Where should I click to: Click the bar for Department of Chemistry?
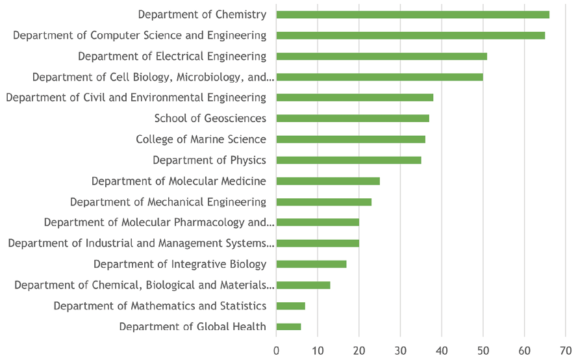point(412,14)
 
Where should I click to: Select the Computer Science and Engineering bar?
point(410,35)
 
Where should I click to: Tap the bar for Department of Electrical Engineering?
point(381,56)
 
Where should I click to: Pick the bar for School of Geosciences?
point(353,118)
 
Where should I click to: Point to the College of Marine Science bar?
point(351,139)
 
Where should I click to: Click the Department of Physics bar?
point(349,160)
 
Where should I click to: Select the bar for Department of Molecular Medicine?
point(328,181)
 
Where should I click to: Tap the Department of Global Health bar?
point(289,326)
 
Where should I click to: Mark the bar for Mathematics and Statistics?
point(291,305)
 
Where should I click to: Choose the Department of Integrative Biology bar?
point(312,264)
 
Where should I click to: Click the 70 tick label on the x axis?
point(566,350)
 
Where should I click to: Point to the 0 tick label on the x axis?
point(277,350)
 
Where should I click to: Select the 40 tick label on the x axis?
point(442,350)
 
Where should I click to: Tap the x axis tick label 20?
point(359,350)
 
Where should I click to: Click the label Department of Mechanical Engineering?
point(168,201)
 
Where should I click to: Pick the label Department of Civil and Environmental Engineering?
point(136,97)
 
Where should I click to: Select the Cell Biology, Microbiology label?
point(153,77)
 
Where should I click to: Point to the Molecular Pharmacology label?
point(159,222)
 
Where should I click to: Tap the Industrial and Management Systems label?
point(141,243)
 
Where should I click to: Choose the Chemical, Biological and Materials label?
point(144,285)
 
